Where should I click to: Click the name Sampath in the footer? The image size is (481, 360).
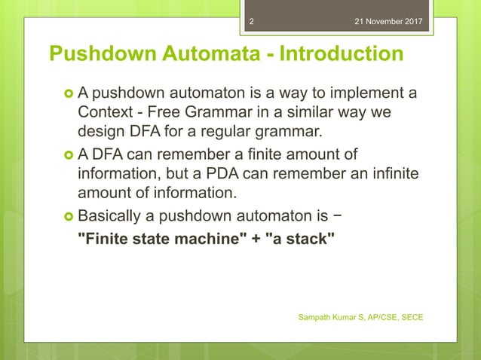click(x=317, y=317)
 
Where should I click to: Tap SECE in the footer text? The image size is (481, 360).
click(x=410, y=317)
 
